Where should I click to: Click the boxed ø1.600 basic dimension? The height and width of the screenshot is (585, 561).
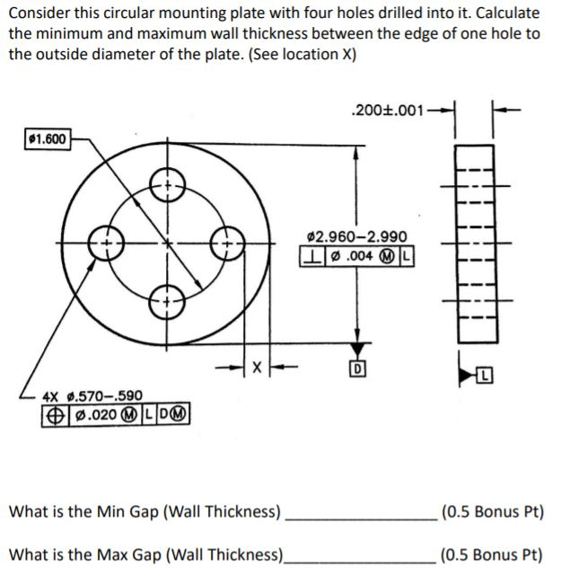pyautogui.click(x=46, y=140)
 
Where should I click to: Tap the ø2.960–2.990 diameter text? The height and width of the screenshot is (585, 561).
pyautogui.click(x=356, y=236)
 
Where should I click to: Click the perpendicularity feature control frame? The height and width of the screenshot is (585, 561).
pyautogui.click(x=356, y=254)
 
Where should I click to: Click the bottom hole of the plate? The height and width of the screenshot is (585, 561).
pyautogui.click(x=167, y=301)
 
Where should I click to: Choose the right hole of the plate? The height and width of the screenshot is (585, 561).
pyautogui.click(x=226, y=244)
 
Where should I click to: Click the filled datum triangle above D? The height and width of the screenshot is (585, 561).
pyautogui.click(x=358, y=350)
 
